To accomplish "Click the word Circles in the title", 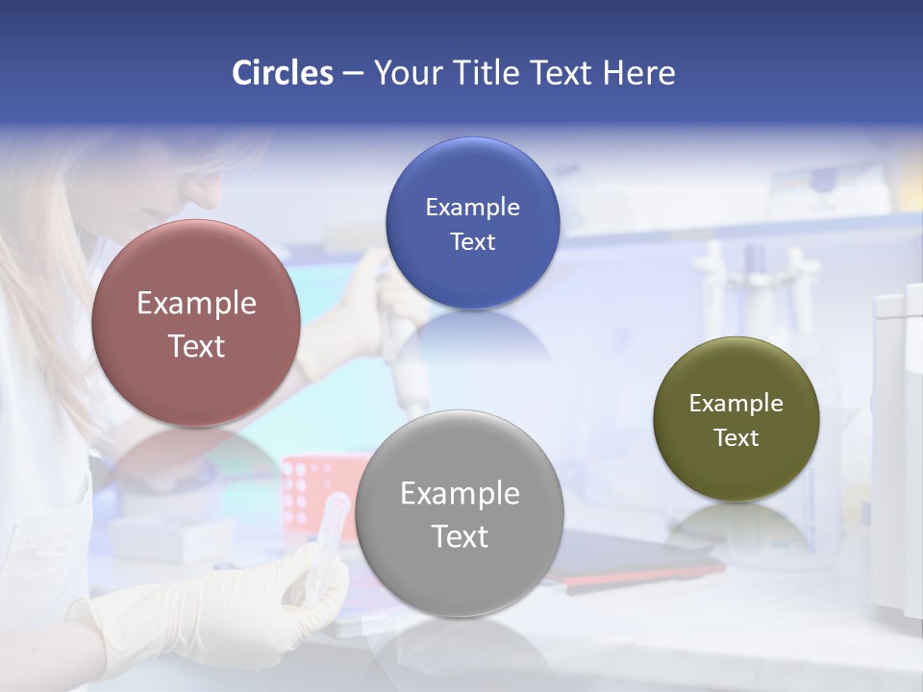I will (282, 73).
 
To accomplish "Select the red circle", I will (196, 323).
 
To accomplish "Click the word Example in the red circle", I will (196, 304).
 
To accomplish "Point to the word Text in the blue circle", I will (472, 242).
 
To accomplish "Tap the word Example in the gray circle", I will (460, 494).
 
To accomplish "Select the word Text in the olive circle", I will (736, 438).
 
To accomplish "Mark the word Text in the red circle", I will (196, 346).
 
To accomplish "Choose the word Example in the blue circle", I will (472, 208).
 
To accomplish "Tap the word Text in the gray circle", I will (460, 536).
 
